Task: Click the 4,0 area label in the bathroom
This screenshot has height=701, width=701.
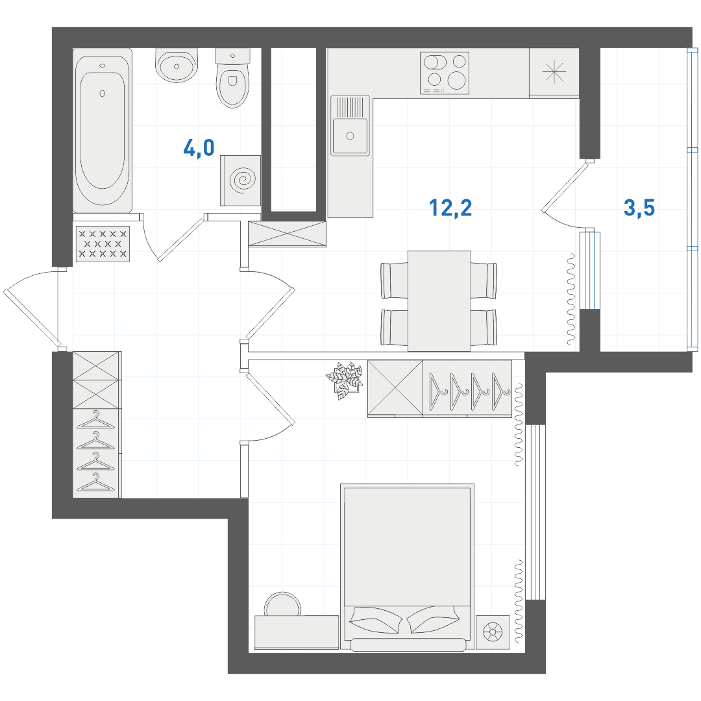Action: click(x=199, y=147)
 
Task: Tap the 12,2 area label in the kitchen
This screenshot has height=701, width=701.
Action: click(x=450, y=208)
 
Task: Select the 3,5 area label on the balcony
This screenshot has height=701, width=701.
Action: click(x=639, y=208)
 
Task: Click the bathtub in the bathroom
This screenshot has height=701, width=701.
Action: click(x=103, y=130)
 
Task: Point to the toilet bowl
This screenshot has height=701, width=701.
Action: click(x=232, y=79)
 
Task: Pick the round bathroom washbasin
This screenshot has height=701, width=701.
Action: click(x=177, y=66)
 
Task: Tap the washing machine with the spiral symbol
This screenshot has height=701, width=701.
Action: click(x=241, y=180)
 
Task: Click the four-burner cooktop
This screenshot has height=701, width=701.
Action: click(x=445, y=73)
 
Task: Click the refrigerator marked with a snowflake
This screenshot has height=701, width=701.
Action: click(x=554, y=72)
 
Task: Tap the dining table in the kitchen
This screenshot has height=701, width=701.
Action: click(x=439, y=301)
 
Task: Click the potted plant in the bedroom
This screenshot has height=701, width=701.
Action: click(x=344, y=380)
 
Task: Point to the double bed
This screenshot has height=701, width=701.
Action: click(x=407, y=567)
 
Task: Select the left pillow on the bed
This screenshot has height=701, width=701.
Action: click(x=376, y=620)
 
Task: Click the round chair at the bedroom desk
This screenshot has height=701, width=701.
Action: click(x=282, y=604)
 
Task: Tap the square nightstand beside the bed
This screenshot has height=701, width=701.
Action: click(x=493, y=632)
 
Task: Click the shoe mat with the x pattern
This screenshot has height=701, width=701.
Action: click(x=103, y=244)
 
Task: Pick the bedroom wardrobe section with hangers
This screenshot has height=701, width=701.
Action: click(x=467, y=389)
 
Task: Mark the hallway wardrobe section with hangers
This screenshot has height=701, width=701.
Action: click(x=97, y=453)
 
